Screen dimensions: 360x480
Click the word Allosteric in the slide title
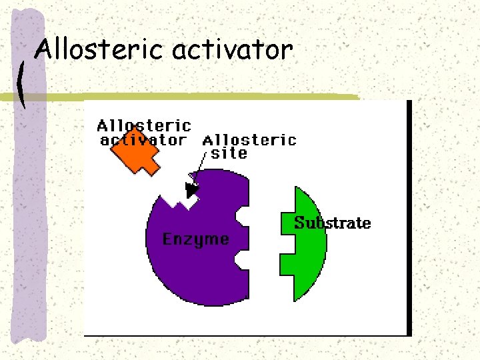[100, 49]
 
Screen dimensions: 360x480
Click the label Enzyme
[195, 239]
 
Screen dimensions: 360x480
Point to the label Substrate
[332, 223]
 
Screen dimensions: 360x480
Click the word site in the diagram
[229, 153]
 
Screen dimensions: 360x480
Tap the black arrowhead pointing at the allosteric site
[192, 190]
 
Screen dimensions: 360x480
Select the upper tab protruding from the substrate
[287, 222]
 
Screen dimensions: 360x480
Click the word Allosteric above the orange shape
[144, 125]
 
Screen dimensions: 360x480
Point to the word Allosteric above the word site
[249, 140]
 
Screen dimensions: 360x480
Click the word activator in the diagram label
[143, 140]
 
